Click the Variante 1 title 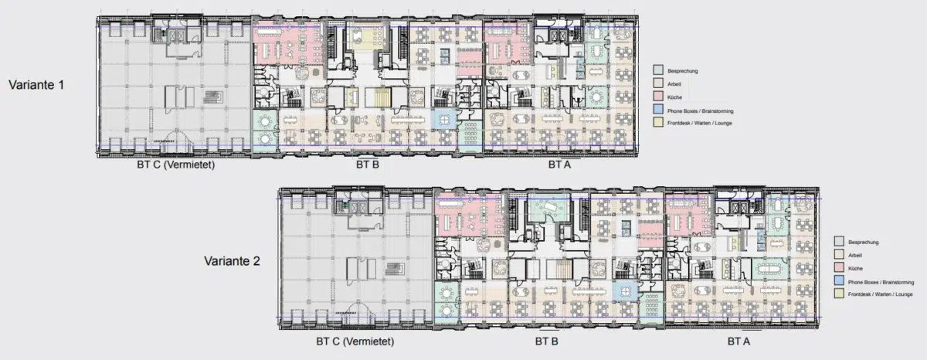36,85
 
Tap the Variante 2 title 233,261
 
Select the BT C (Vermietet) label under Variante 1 176,165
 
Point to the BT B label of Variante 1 368,165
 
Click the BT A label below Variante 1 559,165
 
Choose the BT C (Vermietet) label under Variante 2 355,341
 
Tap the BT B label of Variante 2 547,341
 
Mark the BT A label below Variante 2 739,341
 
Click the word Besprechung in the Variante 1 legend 682,71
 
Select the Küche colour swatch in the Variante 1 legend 658,97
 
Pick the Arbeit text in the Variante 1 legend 674,84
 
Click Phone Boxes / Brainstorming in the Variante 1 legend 700,111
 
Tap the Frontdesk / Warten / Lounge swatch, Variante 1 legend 658,122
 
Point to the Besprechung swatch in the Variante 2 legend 839,241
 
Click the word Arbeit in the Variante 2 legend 855,255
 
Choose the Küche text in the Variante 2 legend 855,269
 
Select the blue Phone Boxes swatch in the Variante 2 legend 839,280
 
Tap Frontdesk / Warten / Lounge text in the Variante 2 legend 880,294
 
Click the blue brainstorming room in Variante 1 444,120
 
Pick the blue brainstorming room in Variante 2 625,291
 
